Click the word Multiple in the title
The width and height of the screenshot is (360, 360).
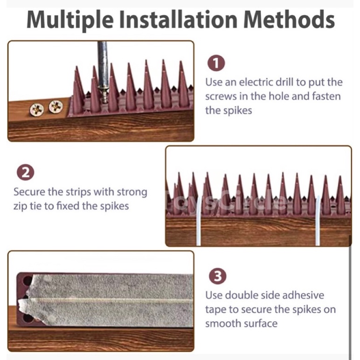(70, 20)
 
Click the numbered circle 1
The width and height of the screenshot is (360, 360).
(216, 63)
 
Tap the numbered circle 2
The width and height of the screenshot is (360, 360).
(25, 172)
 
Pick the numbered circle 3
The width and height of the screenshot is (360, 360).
(218, 276)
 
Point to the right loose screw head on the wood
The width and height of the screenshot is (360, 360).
(55, 106)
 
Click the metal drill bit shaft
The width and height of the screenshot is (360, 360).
(103, 64)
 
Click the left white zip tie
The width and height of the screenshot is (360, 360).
(198, 221)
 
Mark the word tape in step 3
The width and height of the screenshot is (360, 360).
(215, 310)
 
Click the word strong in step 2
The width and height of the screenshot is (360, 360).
(132, 193)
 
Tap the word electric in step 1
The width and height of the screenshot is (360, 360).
(256, 82)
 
